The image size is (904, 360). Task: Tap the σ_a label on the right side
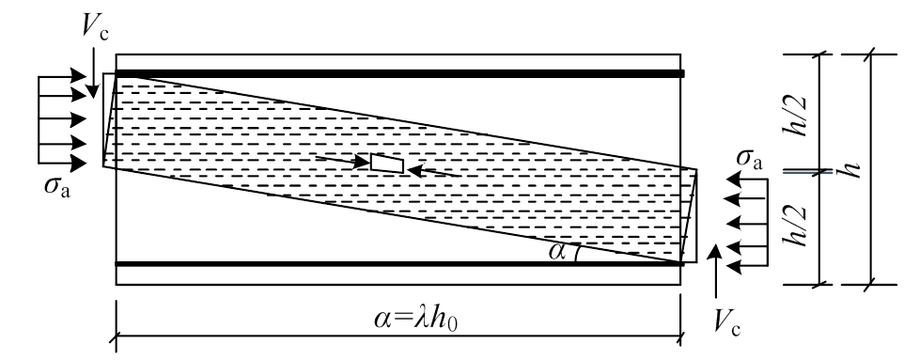pos(750,163)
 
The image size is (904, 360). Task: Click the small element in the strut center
pos(387,164)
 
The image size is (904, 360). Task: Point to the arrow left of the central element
pos(342,160)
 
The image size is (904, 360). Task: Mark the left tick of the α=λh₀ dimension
pos(116,334)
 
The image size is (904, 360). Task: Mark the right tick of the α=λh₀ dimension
pos(681,334)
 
